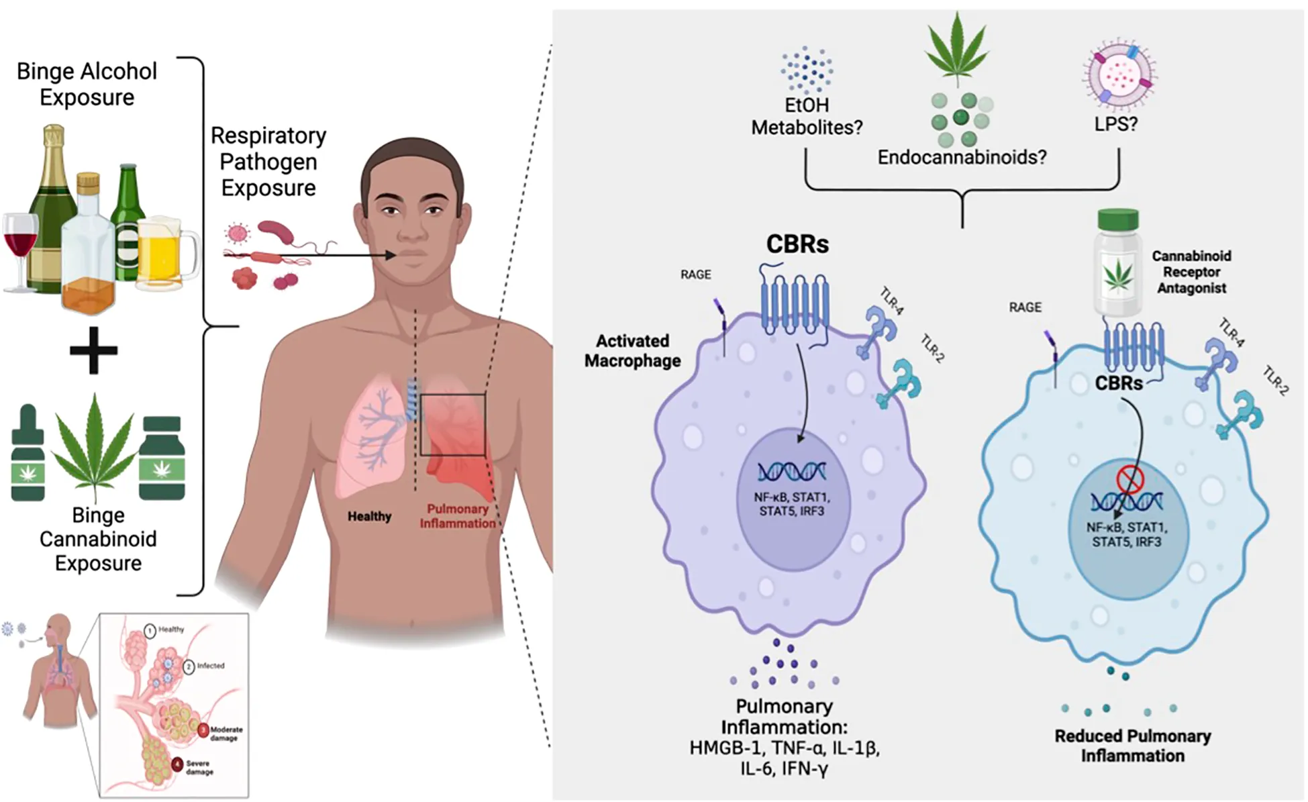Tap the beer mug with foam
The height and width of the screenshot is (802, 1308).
pyautogui.click(x=166, y=253)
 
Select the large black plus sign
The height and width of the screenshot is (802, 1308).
pyautogui.click(x=93, y=350)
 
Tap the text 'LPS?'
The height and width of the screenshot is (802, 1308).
pyautogui.click(x=1115, y=124)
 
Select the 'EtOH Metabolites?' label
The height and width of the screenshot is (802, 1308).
pyautogui.click(x=807, y=116)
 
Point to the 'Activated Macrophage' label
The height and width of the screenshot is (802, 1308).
pyautogui.click(x=632, y=351)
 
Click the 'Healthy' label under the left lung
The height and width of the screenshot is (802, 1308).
pyautogui.click(x=369, y=516)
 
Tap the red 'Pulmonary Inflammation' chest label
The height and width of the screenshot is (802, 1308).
pyautogui.click(x=458, y=516)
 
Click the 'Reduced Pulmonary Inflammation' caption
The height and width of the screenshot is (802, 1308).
pyautogui.click(x=1132, y=746)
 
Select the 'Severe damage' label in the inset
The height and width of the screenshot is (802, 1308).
pyautogui.click(x=199, y=767)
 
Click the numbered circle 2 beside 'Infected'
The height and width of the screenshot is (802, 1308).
pyautogui.click(x=189, y=666)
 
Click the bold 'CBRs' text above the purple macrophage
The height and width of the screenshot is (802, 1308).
pyautogui.click(x=797, y=244)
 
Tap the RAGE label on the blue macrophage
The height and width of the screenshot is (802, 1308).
pyautogui.click(x=1025, y=307)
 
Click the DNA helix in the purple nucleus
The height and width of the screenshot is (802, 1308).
pyautogui.click(x=792, y=472)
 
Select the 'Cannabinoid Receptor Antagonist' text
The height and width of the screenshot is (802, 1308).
pyautogui.click(x=1191, y=272)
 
